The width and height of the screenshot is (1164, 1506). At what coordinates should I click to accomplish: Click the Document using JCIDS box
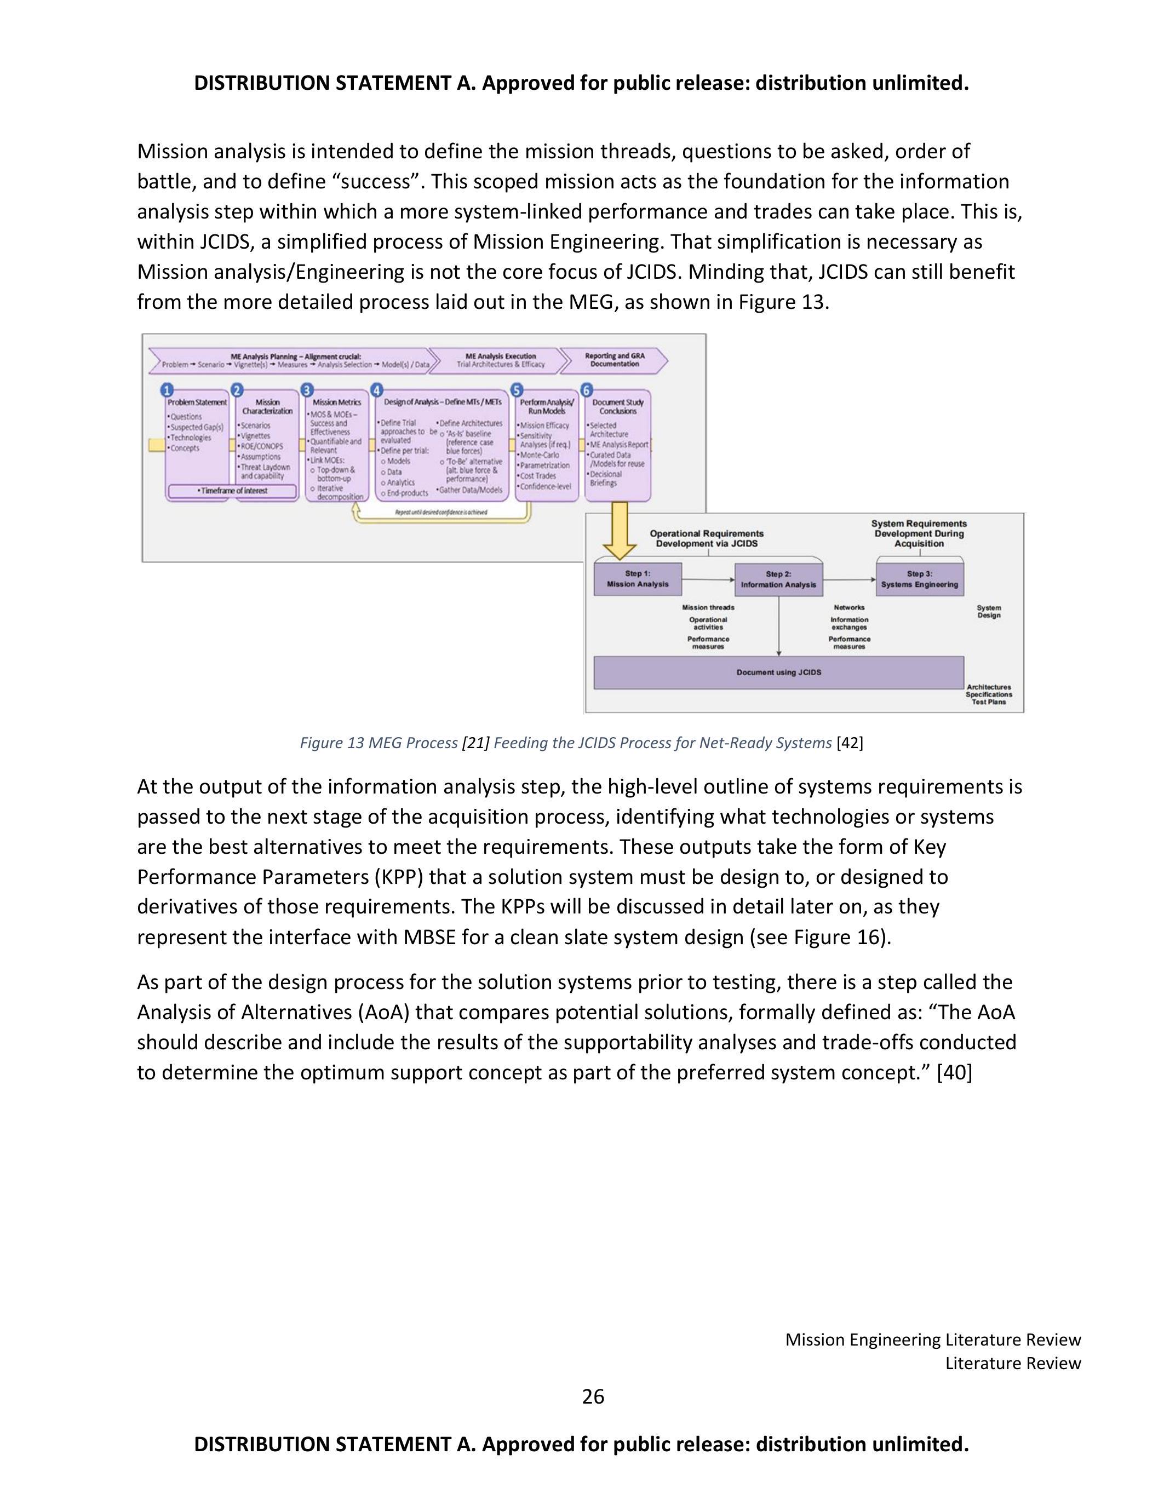pos(778,672)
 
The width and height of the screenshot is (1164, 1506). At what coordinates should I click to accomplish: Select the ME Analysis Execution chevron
pos(500,360)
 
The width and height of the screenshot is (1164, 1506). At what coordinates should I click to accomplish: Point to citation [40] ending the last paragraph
pos(954,1072)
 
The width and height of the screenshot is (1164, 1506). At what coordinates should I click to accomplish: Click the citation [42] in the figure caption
pos(849,743)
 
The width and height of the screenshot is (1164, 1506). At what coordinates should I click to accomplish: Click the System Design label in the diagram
pos(988,612)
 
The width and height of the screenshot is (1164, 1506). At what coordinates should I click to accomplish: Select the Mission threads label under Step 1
pos(708,607)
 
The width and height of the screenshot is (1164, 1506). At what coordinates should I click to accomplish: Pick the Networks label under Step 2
pos(849,607)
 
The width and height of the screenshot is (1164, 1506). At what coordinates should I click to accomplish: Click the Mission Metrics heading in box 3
pos(336,402)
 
